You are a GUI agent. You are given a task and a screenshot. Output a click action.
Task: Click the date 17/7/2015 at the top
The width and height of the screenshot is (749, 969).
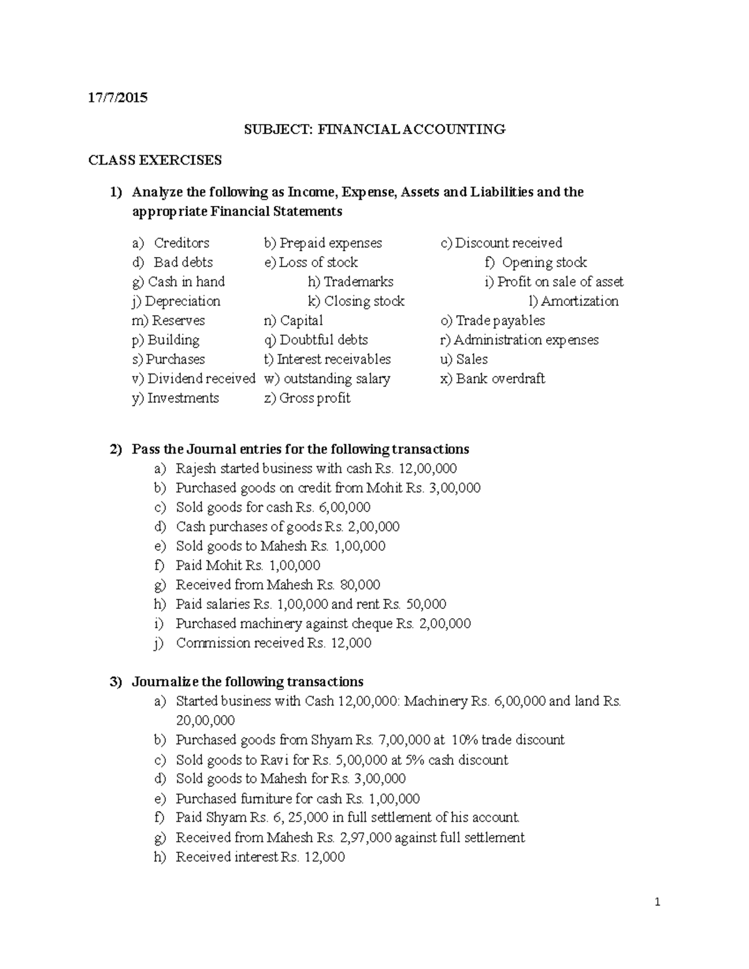point(118,97)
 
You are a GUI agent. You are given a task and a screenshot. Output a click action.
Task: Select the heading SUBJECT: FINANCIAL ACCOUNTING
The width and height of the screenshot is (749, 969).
point(374,129)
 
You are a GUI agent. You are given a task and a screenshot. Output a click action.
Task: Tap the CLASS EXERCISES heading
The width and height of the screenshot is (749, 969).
point(155,160)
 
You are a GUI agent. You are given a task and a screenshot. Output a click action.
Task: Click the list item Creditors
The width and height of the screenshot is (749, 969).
point(181,243)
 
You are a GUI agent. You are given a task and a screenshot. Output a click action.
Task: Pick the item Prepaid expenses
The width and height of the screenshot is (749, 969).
point(330,243)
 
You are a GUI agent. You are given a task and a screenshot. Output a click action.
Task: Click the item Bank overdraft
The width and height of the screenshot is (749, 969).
point(500,378)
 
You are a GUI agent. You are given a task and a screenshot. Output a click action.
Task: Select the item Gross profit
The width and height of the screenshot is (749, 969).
point(315,398)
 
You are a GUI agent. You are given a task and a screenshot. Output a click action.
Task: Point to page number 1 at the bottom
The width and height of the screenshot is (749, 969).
point(657,902)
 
